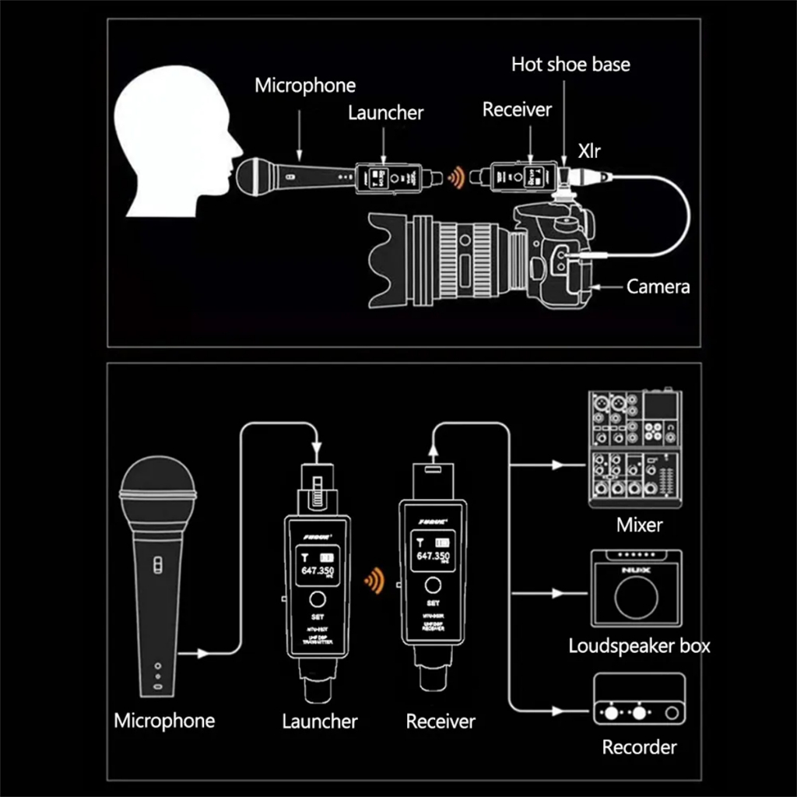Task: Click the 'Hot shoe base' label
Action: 571,64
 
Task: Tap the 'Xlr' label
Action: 588,148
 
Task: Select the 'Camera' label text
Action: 658,286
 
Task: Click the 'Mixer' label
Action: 639,525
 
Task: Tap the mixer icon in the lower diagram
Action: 635,449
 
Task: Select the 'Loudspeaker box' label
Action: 639,646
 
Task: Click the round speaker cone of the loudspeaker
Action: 636,597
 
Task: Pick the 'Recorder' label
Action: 639,748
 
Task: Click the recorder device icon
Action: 639,700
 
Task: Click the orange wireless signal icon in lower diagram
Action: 374,580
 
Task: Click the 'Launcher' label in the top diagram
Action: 385,112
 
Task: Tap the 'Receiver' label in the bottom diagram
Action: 440,722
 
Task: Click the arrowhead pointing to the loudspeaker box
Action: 556,593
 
